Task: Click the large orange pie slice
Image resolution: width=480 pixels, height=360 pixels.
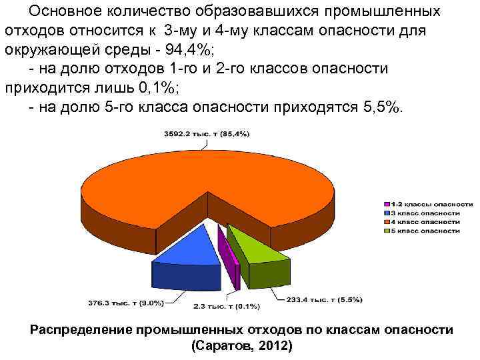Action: pyautogui.click(x=207, y=180)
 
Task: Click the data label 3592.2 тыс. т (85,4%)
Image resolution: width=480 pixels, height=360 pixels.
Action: pyautogui.click(x=207, y=134)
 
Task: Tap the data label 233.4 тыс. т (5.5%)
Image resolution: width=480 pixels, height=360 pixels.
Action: pyautogui.click(x=325, y=299)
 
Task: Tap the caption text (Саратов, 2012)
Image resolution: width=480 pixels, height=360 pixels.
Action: pyautogui.click(x=241, y=347)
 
